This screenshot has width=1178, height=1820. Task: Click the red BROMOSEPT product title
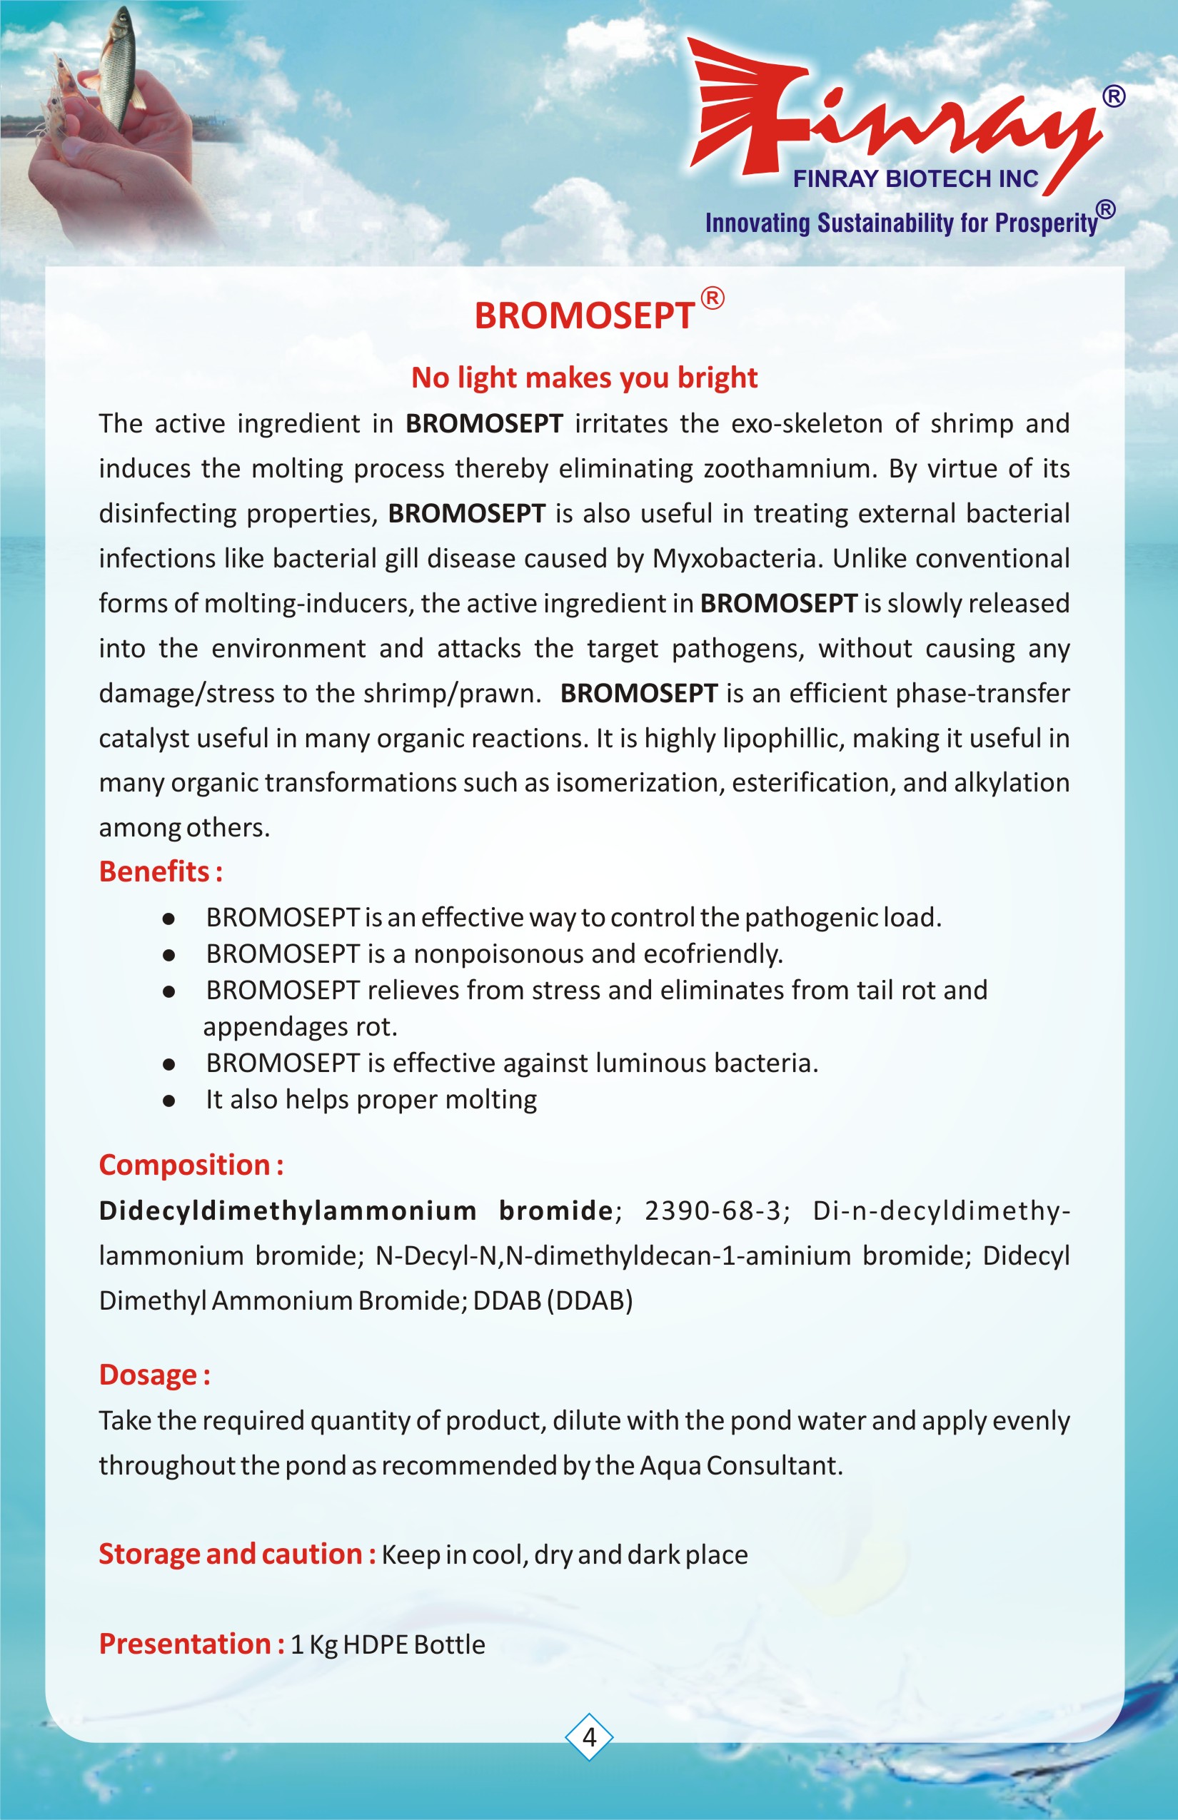pyautogui.click(x=584, y=315)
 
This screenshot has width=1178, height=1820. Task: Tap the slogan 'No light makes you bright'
pyautogui.click(x=584, y=378)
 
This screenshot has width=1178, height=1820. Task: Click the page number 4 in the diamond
pyautogui.click(x=589, y=1736)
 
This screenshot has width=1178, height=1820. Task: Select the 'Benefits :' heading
pyautogui.click(x=161, y=871)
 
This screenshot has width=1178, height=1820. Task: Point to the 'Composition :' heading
pyautogui.click(x=191, y=1165)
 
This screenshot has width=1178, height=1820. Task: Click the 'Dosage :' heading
pyautogui.click(x=154, y=1374)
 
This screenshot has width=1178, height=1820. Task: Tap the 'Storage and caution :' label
pyautogui.click(x=237, y=1554)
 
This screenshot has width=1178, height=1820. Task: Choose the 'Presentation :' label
pyautogui.click(x=192, y=1643)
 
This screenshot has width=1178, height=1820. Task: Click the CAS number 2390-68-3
pyautogui.click(x=716, y=1210)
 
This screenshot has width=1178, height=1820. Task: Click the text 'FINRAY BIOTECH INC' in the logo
pyautogui.click(x=915, y=179)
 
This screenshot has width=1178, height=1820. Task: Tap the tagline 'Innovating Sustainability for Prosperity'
pyautogui.click(x=901, y=223)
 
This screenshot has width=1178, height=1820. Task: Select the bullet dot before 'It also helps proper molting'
pyautogui.click(x=169, y=1101)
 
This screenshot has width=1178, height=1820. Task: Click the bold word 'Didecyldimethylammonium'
pyautogui.click(x=288, y=1210)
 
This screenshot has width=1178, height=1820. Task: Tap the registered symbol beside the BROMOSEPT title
pyautogui.click(x=713, y=298)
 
